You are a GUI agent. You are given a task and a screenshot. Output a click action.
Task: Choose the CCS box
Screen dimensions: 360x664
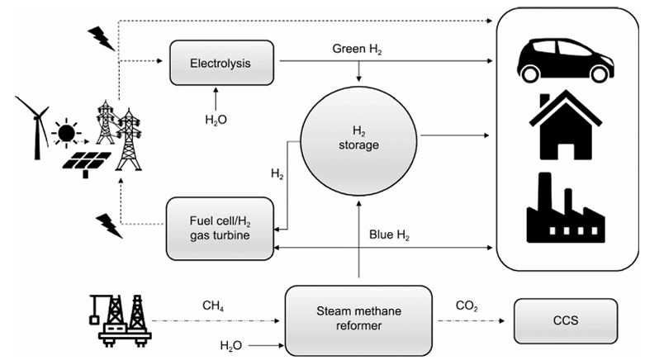566,318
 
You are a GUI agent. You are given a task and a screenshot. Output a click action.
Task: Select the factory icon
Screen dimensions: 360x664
564,206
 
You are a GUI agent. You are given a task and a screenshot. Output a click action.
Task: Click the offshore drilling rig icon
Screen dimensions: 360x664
116,319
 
